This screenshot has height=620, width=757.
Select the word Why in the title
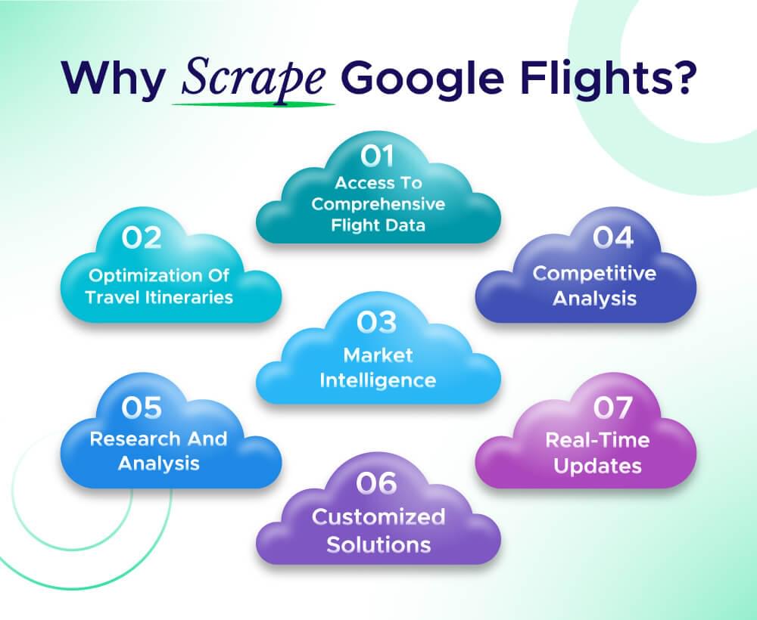(114, 79)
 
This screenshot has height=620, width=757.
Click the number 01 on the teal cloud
(378, 157)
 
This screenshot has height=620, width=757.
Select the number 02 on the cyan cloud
(142, 238)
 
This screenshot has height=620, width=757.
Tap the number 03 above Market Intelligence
(378, 322)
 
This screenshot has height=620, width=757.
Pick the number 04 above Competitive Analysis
(612, 237)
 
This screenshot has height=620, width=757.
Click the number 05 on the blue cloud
(142, 408)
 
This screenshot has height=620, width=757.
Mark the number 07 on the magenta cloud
(612, 408)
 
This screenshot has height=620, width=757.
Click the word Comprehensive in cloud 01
(378, 204)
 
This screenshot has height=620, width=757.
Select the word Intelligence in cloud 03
(378, 379)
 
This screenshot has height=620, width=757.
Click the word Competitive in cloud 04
(594, 273)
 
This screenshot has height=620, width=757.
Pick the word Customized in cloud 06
(378, 518)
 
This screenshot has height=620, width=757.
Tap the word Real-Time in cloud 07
(598, 439)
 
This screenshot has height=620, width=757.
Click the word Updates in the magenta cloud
(598, 465)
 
